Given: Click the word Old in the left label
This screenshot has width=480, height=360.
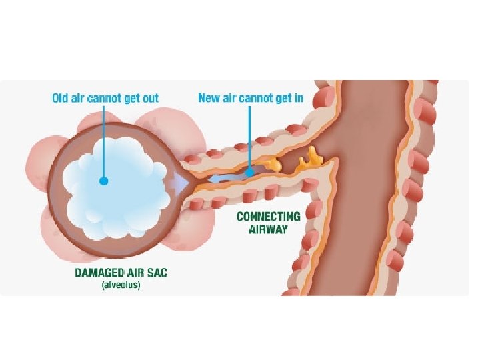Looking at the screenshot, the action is (x=61, y=99).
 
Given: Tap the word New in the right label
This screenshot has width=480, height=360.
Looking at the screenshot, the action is (x=209, y=99).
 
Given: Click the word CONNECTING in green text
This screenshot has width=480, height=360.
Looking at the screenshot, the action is (x=269, y=217).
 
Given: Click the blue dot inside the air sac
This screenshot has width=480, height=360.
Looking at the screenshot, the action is (x=103, y=180).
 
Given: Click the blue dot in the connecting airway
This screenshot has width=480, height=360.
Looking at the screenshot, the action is (x=249, y=173).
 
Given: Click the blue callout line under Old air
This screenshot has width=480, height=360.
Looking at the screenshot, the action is (x=103, y=140).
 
